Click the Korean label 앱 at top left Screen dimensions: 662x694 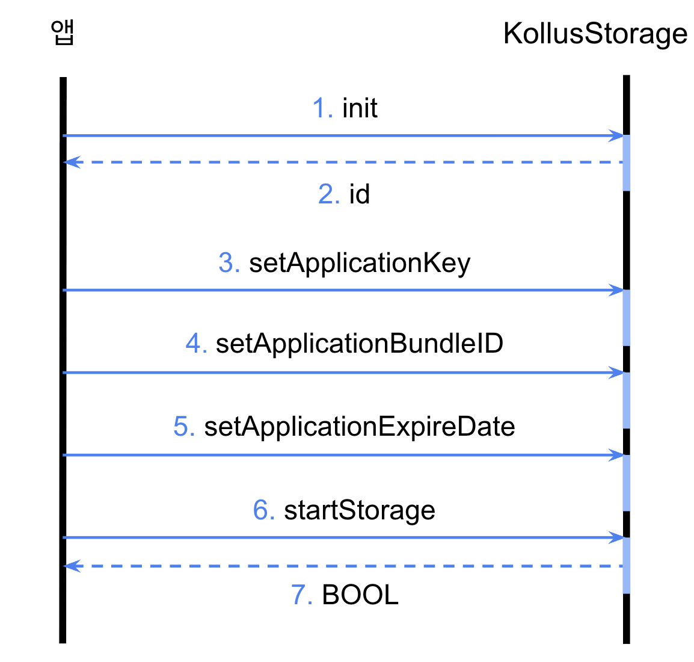tap(63, 33)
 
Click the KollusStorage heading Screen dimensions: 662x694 tap(595, 34)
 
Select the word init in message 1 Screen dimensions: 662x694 tap(360, 109)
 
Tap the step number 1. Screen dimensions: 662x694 tap(321, 109)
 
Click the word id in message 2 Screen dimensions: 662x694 tap(359, 194)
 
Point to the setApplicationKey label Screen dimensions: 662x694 tap(359, 264)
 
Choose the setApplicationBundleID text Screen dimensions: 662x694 tap(359, 344)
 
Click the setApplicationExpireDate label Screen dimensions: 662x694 tap(359, 427)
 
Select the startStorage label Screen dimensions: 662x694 tap(359, 510)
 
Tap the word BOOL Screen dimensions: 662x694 tap(360, 595)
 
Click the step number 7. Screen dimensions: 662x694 tap(301, 595)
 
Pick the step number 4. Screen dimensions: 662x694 tap(195, 344)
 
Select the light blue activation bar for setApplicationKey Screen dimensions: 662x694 tap(627, 317)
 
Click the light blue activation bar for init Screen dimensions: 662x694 tap(627, 162)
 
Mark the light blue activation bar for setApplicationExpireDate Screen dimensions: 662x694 tap(627, 483)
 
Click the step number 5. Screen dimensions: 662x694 tap(183, 427)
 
